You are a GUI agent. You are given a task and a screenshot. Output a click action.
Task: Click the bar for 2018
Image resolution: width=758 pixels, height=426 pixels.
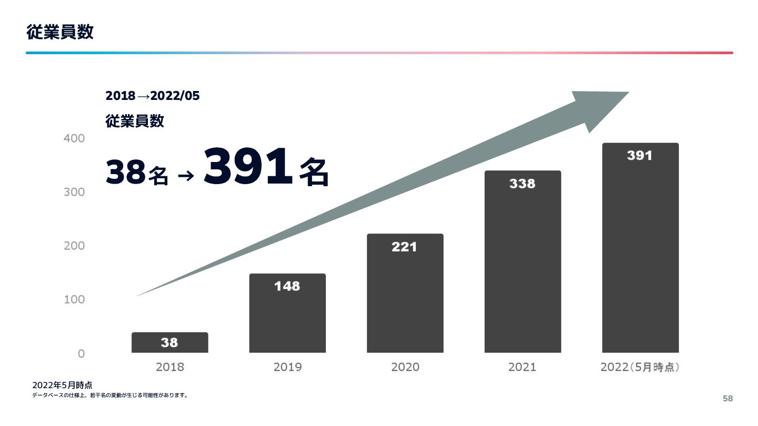point(169,342)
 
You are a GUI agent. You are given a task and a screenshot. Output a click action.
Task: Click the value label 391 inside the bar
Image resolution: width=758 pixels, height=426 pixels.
point(640,156)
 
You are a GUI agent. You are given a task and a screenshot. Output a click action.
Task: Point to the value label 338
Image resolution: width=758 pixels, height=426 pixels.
point(522,184)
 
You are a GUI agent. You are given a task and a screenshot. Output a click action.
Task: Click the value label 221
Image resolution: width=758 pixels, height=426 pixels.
point(404,247)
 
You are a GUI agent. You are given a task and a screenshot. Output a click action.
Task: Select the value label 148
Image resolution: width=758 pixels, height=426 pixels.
point(287,286)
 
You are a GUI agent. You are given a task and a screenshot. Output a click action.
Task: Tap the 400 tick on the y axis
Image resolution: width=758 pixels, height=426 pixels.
point(74,138)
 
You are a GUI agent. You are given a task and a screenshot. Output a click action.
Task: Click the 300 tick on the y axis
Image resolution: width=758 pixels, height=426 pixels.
point(74,192)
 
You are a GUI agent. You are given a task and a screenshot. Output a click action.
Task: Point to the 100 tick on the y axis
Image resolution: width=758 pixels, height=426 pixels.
point(74,299)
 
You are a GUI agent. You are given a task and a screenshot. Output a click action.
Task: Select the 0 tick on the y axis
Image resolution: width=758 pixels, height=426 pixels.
point(81,353)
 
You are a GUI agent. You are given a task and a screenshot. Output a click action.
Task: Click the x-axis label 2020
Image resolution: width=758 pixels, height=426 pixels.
point(405,367)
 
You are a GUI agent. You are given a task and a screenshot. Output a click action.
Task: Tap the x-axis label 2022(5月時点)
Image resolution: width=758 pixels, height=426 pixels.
point(640,367)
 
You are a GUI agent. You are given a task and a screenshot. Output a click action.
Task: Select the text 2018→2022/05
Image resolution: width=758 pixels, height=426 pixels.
point(153,96)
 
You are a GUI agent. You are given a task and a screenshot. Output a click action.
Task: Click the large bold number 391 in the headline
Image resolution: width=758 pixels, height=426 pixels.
point(247,167)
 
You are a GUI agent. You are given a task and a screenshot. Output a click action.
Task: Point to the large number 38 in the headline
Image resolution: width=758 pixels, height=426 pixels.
point(125,173)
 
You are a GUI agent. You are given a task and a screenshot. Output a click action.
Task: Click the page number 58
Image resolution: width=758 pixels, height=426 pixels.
point(727,399)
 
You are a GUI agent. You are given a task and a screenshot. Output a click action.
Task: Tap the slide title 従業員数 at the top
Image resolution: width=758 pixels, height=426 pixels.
point(60,32)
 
